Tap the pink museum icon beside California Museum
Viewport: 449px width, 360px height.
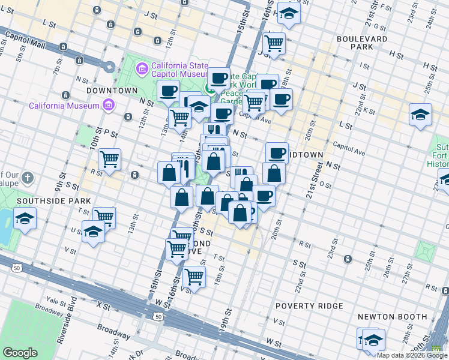click(108, 106)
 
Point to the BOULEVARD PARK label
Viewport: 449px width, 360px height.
click(362, 43)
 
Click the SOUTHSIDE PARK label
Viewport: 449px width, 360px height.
click(54, 200)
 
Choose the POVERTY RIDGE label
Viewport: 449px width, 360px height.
click(309, 306)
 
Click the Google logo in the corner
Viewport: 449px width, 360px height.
click(20, 353)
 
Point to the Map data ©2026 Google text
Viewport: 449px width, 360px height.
click(412, 355)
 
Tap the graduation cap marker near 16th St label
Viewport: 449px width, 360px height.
click(289, 15)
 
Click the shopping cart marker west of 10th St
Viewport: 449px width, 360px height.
click(109, 160)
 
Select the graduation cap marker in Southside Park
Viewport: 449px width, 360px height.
click(25, 218)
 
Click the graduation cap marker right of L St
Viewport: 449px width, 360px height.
click(420, 115)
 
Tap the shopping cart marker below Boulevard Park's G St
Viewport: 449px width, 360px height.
click(274, 43)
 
